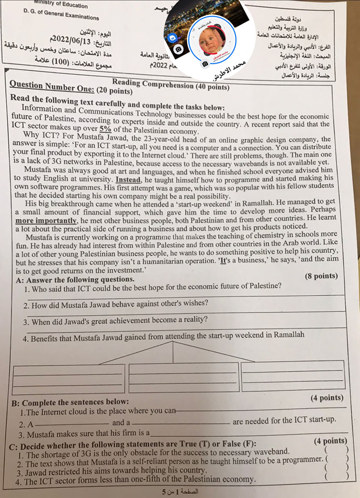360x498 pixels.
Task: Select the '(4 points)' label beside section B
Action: (x=326, y=398)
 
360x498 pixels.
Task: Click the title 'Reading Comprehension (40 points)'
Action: (x=171, y=84)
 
